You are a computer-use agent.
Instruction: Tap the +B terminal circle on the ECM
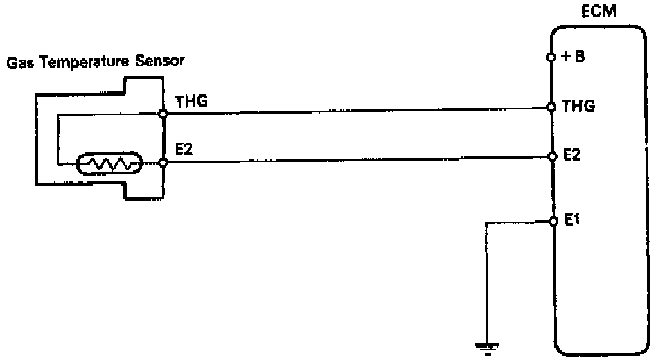[x=552, y=57]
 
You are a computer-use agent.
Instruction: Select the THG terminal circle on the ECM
[x=552, y=107]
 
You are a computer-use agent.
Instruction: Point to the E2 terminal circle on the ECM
[x=552, y=156]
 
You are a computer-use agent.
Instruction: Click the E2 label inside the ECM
[x=571, y=156]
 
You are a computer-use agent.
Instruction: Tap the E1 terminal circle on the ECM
[x=552, y=222]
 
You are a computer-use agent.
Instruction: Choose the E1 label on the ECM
[x=571, y=222]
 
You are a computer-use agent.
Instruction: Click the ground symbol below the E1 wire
[x=488, y=348]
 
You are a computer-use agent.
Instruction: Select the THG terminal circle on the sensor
[x=163, y=114]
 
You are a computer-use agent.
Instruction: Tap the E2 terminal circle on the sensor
[x=163, y=163]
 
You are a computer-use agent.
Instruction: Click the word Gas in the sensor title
[x=19, y=62]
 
